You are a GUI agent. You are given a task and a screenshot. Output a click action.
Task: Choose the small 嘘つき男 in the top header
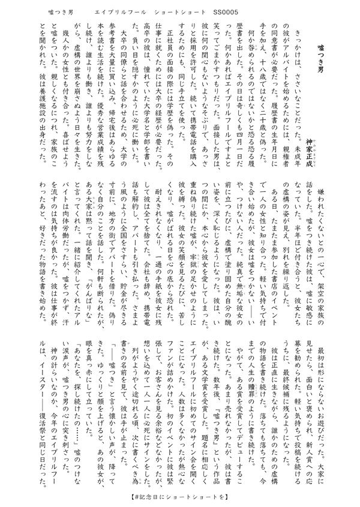coord(58,12)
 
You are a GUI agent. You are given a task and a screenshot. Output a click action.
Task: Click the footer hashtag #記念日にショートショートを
coord(180,497)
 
